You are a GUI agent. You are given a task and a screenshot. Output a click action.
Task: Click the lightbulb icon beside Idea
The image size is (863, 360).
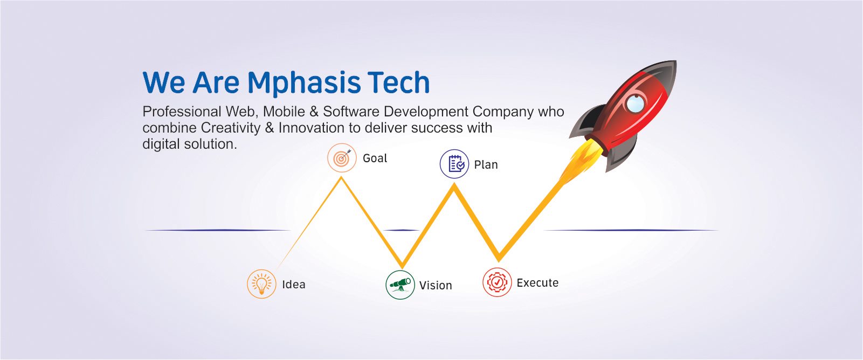pos(261,284)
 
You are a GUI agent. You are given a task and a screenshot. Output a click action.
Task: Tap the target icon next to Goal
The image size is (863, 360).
pos(342,158)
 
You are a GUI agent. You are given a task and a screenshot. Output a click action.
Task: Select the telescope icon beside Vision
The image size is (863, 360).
pos(401,285)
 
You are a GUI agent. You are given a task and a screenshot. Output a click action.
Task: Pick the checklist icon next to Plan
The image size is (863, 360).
pos(454,164)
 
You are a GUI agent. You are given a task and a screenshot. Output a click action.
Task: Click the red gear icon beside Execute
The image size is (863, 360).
pos(498,282)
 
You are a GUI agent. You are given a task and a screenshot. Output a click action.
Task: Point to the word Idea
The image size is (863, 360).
pos(294,285)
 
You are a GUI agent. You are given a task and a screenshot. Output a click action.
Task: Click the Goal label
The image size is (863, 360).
pos(375,158)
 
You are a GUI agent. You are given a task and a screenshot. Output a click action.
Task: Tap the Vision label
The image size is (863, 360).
pos(436,286)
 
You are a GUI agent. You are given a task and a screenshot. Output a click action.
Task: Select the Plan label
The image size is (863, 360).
pos(486,165)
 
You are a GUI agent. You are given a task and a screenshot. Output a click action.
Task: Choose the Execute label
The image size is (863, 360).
pos(537,283)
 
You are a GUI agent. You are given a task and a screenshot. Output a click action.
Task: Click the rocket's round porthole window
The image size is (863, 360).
pos(635,103)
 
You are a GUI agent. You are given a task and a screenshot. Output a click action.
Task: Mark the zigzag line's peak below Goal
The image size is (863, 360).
pos(341,177)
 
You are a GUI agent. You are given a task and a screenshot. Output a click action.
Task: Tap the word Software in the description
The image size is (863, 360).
pos(351,112)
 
